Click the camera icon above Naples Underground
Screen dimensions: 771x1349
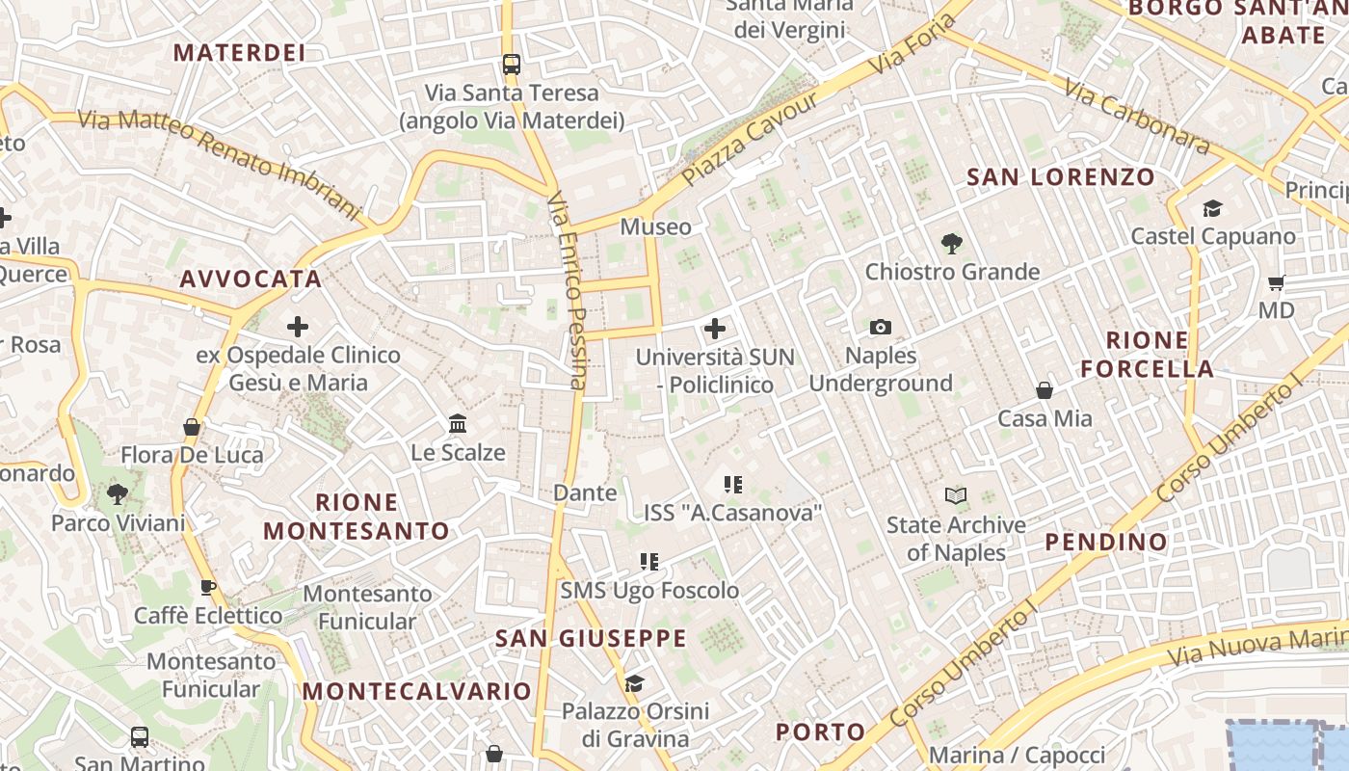click(880, 328)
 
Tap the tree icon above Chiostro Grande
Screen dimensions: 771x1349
click(952, 244)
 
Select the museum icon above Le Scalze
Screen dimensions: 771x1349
click(458, 424)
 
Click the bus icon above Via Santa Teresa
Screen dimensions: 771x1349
click(512, 65)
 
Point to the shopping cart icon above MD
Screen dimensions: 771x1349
click(1277, 282)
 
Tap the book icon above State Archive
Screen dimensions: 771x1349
click(956, 496)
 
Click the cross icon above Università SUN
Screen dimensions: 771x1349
click(715, 329)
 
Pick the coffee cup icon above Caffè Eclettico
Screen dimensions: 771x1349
click(208, 587)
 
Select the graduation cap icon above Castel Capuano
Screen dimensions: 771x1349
click(1212, 208)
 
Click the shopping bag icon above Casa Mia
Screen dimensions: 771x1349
click(1045, 390)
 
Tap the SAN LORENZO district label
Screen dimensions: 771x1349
click(1060, 177)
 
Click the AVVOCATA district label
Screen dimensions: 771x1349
click(251, 279)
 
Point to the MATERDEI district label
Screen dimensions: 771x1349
click(239, 53)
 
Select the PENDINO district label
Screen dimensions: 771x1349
click(1106, 542)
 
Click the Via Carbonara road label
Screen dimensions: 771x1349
click(1136, 116)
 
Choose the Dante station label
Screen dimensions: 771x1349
click(585, 493)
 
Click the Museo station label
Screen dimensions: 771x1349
click(655, 227)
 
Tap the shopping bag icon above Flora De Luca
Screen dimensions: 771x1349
click(192, 427)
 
